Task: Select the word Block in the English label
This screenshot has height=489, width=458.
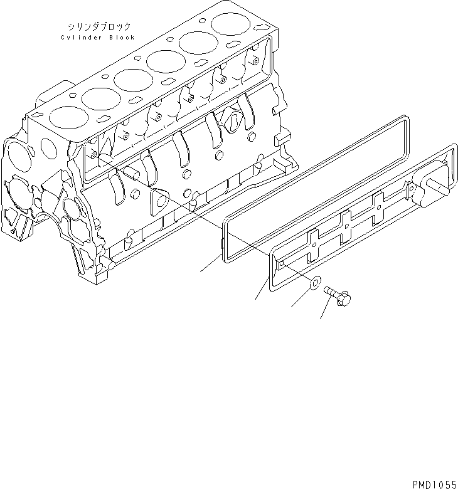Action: point(122,38)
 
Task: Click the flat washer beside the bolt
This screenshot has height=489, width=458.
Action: point(314,288)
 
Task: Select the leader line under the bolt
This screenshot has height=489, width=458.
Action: point(326,310)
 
